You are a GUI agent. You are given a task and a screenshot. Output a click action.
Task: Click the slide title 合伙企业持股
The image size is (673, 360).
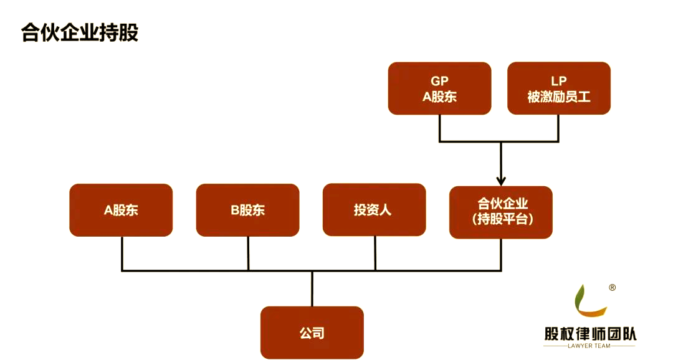(80, 32)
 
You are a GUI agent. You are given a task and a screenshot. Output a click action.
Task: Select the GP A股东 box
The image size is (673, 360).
(439, 88)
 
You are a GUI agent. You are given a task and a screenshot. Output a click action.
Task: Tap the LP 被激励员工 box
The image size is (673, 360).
(559, 88)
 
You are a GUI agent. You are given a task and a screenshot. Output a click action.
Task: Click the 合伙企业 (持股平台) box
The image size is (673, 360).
(501, 212)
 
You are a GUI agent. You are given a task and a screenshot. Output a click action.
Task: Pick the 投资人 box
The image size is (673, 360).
(374, 210)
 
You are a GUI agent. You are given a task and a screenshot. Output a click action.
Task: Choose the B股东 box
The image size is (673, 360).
(247, 210)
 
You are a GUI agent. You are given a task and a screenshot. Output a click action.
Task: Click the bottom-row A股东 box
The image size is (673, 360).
(121, 210)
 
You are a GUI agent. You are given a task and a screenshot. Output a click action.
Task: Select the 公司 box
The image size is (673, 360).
(312, 333)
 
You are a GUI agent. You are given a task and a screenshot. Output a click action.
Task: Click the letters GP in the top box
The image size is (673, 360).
(439, 81)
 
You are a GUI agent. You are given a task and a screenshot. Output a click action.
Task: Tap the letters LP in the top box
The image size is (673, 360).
(559, 81)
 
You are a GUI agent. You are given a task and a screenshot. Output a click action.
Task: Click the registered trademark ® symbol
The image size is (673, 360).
(612, 288)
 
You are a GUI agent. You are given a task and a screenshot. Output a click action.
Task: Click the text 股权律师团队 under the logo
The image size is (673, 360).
(590, 334)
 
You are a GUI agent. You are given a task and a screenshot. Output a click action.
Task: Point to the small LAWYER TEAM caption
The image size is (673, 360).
(590, 346)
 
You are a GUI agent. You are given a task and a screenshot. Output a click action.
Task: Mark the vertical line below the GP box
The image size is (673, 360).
(440, 128)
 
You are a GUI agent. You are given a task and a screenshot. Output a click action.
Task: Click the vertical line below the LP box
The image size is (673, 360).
(558, 128)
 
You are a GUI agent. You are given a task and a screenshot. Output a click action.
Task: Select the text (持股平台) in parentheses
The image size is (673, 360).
(501, 219)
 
